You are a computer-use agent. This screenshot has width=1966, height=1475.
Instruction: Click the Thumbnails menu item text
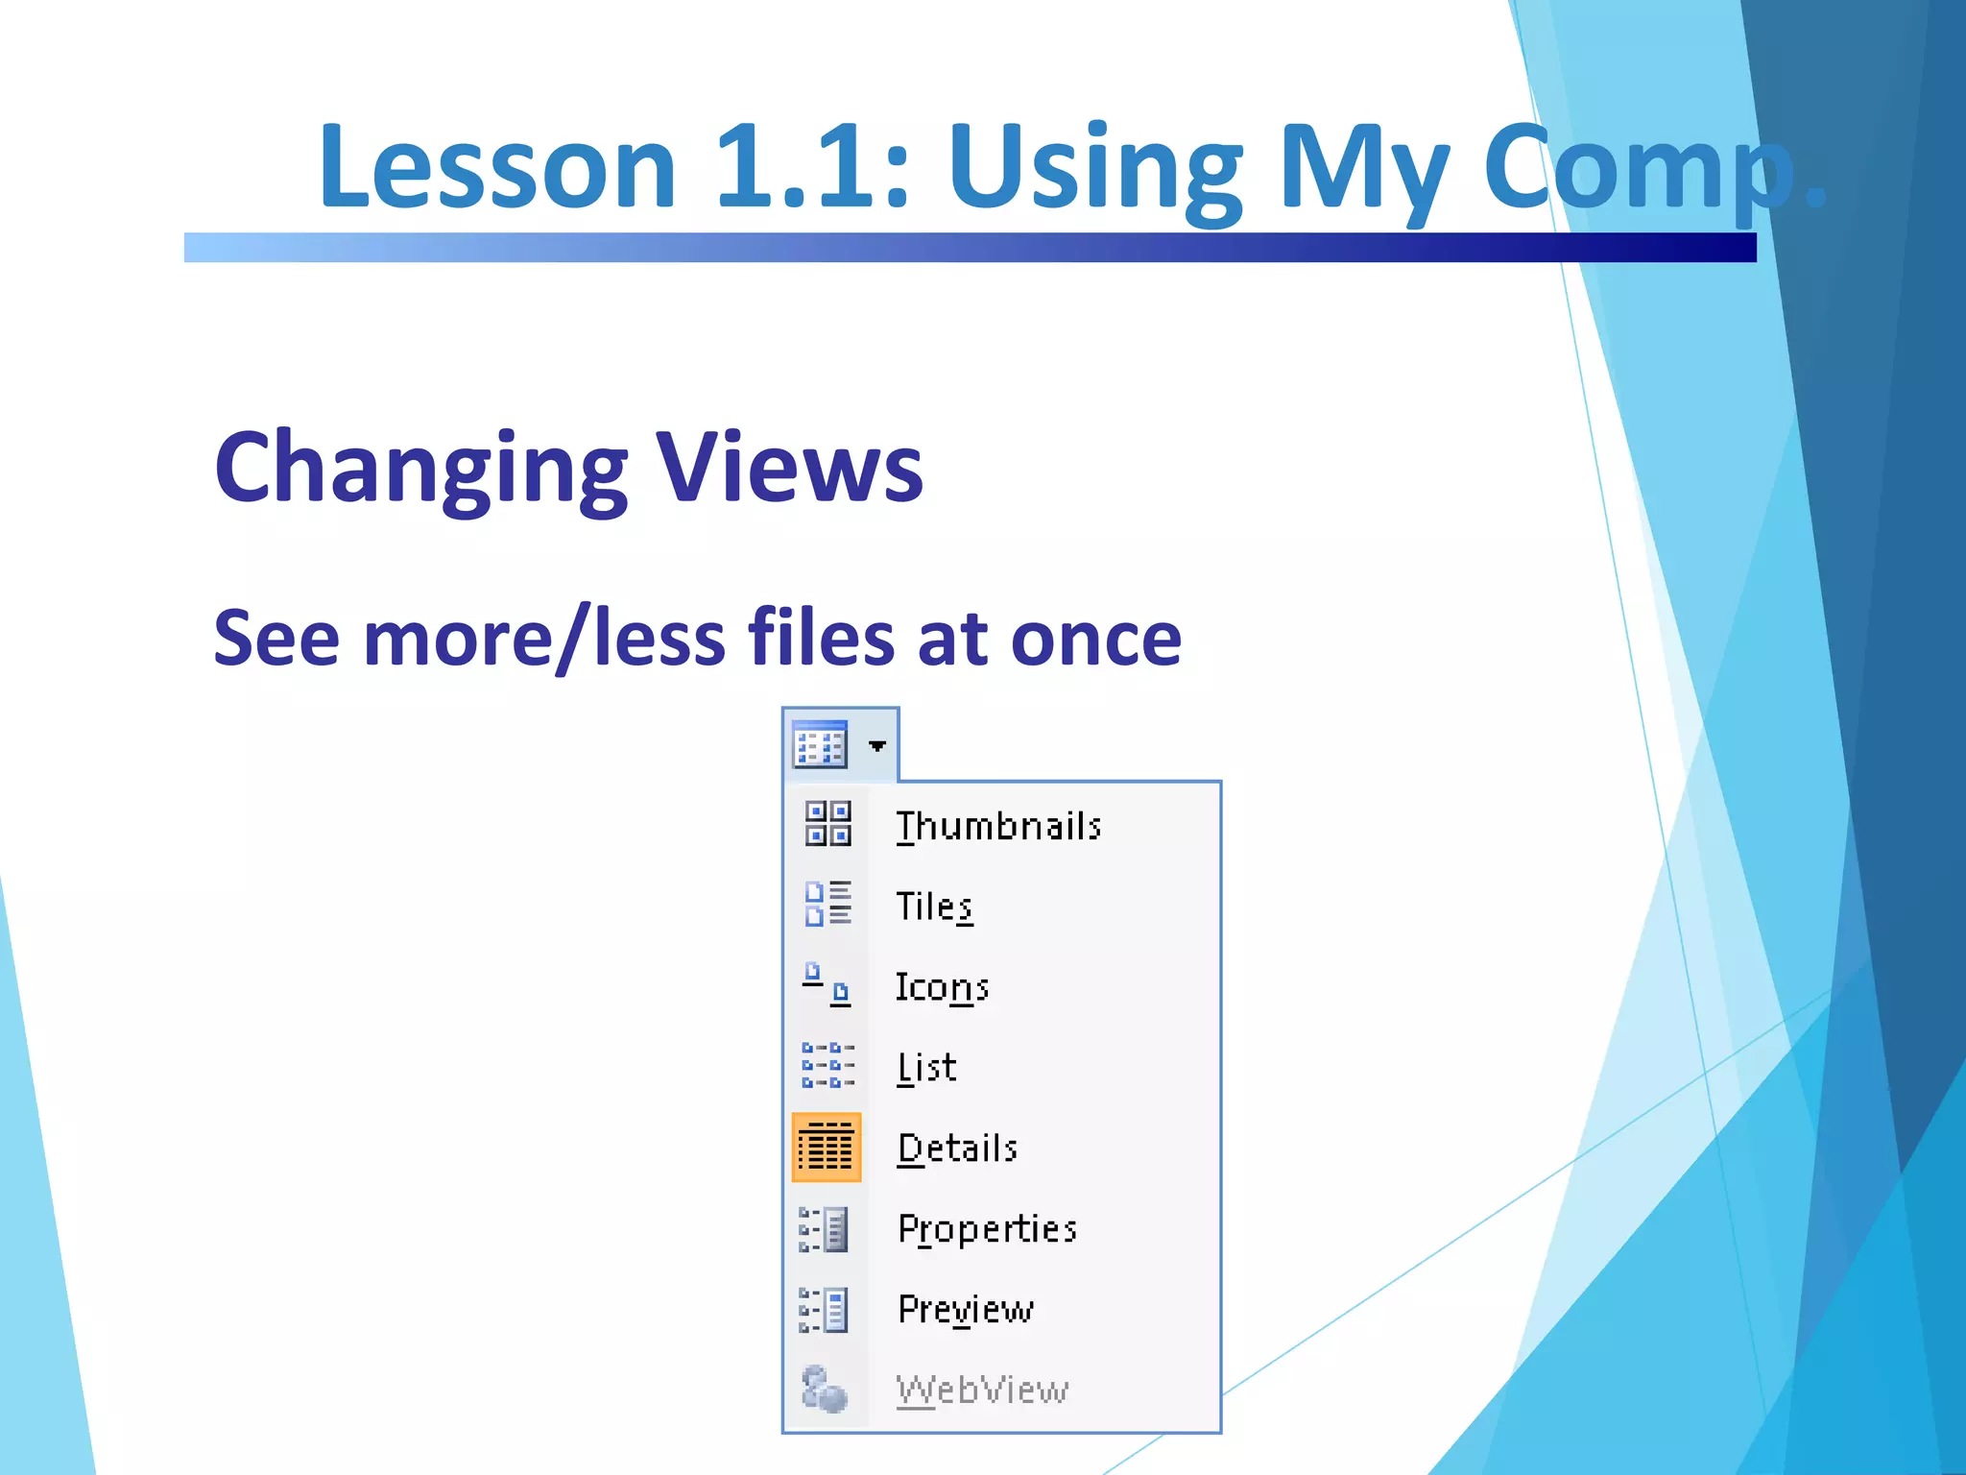[x=997, y=827]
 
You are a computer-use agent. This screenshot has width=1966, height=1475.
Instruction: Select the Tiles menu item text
[x=934, y=907]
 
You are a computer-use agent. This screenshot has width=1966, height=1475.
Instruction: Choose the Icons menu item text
[x=942, y=987]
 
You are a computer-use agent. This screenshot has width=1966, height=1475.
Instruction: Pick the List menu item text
[x=926, y=1068]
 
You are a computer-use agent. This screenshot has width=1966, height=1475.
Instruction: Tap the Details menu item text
[x=957, y=1149]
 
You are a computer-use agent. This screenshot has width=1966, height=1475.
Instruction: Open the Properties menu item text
[x=987, y=1229]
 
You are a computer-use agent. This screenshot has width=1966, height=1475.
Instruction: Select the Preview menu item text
[x=965, y=1310]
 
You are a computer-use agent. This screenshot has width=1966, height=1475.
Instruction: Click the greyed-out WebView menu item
[x=981, y=1390]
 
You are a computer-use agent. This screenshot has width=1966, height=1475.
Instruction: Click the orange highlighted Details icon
[x=827, y=1148]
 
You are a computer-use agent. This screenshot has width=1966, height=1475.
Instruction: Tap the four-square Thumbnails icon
[x=827, y=824]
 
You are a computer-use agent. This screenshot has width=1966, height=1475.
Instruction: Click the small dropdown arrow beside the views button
[x=877, y=746]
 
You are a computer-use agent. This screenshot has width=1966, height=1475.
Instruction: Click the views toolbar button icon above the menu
[x=820, y=745]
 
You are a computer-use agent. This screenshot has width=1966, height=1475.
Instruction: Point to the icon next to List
[x=827, y=1066]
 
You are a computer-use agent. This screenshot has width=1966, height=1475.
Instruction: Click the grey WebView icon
[x=825, y=1389]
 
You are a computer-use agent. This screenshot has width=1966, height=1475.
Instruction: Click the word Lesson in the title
[x=497, y=166]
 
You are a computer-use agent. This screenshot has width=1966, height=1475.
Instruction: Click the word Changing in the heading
[x=420, y=468]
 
